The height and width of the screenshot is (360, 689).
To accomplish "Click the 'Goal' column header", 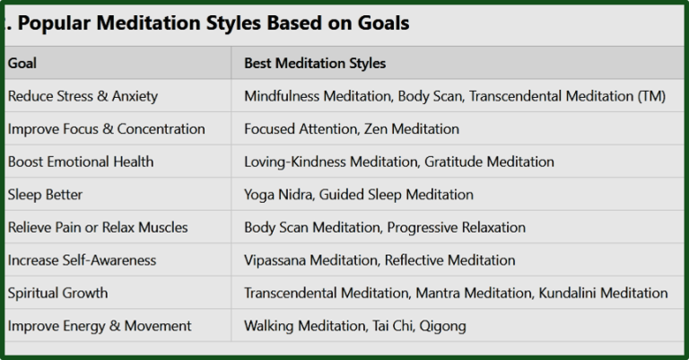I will (22, 64).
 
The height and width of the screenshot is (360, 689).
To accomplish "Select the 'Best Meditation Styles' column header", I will (315, 64).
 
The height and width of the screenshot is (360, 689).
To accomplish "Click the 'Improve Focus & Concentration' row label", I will (106, 128).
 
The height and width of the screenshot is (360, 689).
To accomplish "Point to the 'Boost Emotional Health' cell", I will (80, 162).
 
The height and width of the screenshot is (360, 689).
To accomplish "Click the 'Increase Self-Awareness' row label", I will (82, 260).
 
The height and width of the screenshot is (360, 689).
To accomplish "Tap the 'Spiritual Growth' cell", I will (57, 293).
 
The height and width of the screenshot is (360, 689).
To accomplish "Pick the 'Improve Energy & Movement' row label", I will (99, 325).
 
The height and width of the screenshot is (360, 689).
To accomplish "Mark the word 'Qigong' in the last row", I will (441, 325).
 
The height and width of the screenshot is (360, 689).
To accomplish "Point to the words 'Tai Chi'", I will (388, 325).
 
